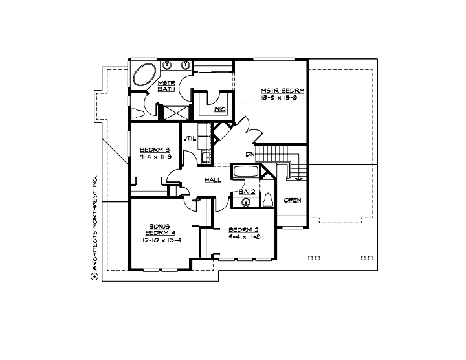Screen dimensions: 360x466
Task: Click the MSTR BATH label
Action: click(x=168, y=85)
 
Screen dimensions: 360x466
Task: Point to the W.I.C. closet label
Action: click(x=219, y=109)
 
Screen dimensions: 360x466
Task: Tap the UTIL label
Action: click(x=189, y=138)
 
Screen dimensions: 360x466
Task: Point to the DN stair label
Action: click(x=249, y=154)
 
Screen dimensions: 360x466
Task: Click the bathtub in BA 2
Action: click(x=246, y=173)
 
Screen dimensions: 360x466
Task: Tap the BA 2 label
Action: click(x=245, y=191)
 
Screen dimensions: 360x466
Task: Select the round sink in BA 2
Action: click(x=246, y=203)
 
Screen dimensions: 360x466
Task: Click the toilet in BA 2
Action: click(x=269, y=199)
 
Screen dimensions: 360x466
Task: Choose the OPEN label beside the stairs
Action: click(x=292, y=200)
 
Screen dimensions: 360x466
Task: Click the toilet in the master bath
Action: click(x=138, y=113)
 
